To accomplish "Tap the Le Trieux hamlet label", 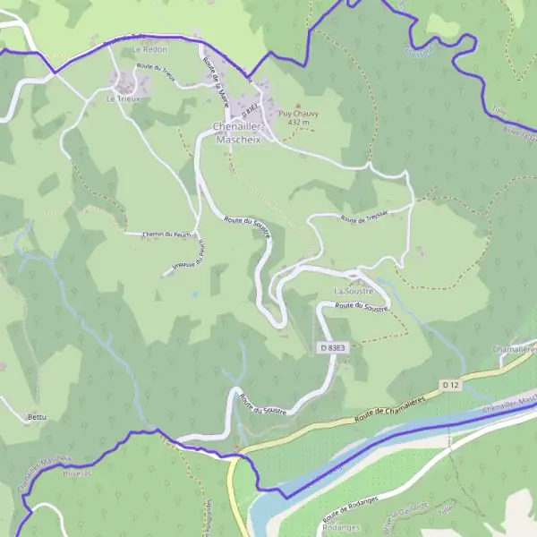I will [x=124, y=98].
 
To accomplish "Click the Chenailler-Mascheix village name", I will [x=237, y=133].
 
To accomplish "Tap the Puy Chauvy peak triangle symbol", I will [x=298, y=106].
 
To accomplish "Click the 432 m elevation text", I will [x=297, y=123].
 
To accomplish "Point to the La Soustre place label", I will [x=353, y=292].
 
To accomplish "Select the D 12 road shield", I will [x=450, y=385].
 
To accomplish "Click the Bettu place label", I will [x=37, y=417].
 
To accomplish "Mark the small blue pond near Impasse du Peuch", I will [x=194, y=293].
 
